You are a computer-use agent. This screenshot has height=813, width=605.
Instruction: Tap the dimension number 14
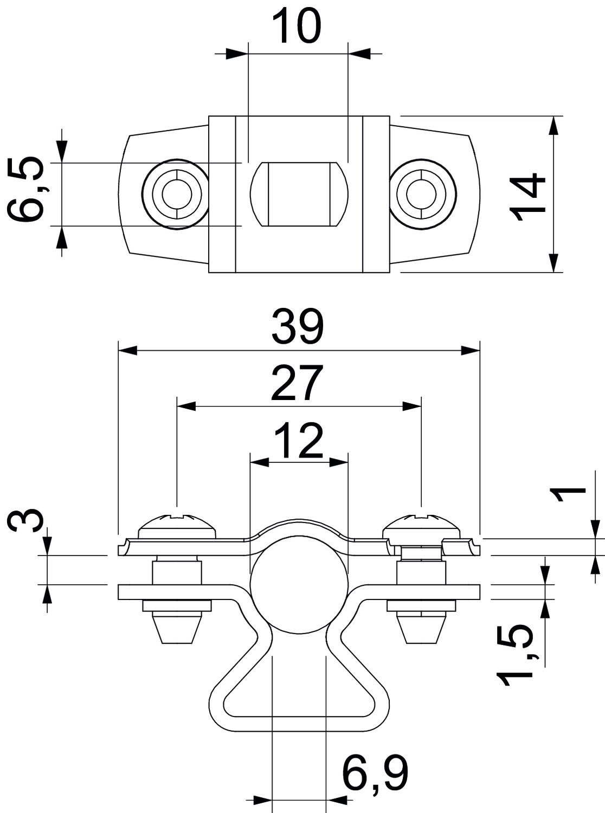coord(529,197)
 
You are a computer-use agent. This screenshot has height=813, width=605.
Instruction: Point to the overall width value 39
coord(298,327)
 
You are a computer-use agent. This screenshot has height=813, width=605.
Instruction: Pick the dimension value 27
coord(298,383)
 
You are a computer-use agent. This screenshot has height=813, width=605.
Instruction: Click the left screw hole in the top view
coord(175,193)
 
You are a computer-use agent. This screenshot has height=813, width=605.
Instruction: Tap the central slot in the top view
coord(298,193)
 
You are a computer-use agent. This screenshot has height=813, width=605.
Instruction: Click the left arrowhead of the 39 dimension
coord(127,351)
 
